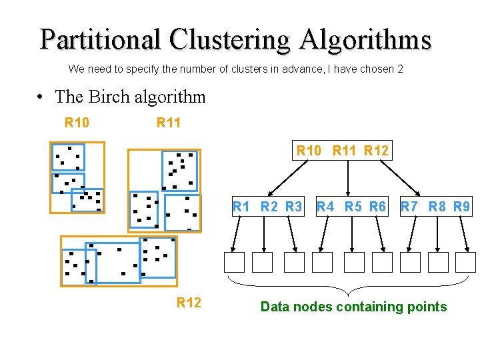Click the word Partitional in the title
click(101, 39)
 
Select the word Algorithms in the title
click(365, 39)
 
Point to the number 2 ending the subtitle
click(400, 69)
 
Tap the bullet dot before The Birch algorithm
click(41, 97)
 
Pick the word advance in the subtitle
click(282, 69)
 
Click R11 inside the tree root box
click(344, 151)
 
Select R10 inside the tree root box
click(309, 151)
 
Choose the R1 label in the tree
click(241, 207)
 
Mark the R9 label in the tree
click(461, 207)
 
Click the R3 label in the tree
click(293, 207)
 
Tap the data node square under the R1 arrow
click(235, 262)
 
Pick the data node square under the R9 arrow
click(466, 262)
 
